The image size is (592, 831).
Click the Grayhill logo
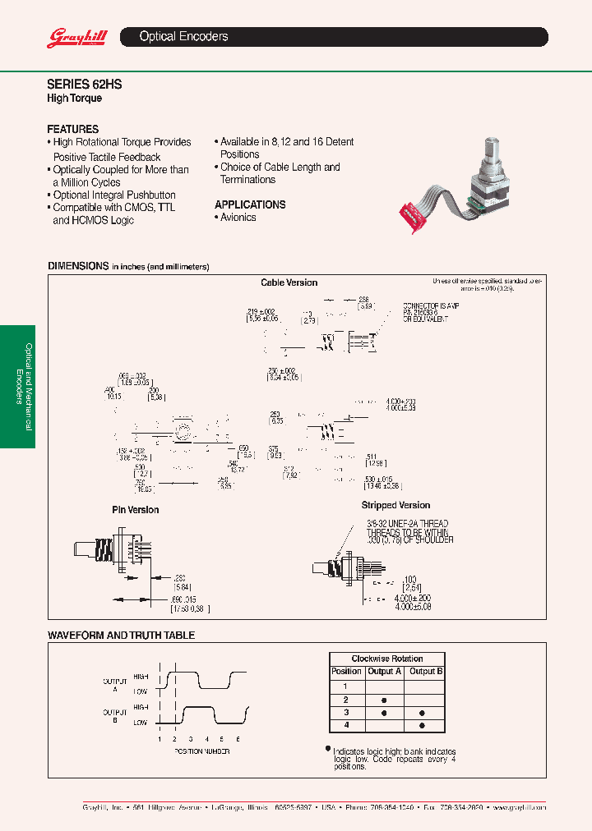click(x=72, y=37)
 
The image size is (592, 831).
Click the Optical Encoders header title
click(x=183, y=37)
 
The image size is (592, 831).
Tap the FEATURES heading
click(x=72, y=129)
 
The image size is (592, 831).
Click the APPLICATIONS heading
click(x=250, y=204)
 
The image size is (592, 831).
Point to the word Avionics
click(x=238, y=218)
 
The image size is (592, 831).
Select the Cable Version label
click(x=289, y=282)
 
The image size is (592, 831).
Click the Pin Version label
click(x=136, y=510)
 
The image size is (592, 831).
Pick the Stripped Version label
click(x=395, y=506)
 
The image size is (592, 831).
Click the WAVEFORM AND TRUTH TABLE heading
click(x=121, y=636)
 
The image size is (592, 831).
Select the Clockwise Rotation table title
click(x=386, y=659)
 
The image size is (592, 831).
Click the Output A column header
click(x=384, y=672)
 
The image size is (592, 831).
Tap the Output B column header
click(x=426, y=672)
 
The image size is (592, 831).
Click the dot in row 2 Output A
click(x=384, y=700)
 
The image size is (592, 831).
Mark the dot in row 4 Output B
click(x=422, y=726)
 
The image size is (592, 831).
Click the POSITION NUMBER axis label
click(x=201, y=751)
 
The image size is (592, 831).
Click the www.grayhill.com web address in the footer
click(x=520, y=808)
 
